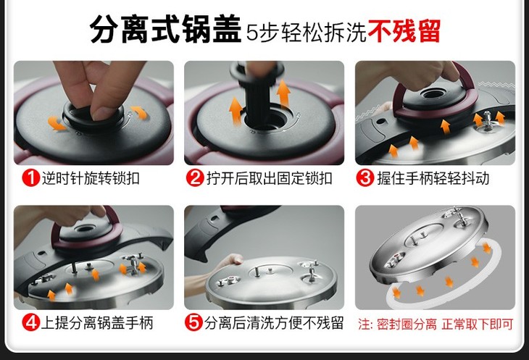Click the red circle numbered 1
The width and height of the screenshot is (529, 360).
tap(30, 178)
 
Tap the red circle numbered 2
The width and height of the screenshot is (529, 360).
tap(195, 178)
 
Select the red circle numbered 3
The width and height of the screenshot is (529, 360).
tap(365, 178)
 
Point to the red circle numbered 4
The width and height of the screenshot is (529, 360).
tap(30, 322)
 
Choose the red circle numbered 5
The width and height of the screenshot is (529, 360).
tap(193, 322)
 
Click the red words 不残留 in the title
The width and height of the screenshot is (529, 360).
tap(404, 31)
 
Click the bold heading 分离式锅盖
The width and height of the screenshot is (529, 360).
tap(165, 30)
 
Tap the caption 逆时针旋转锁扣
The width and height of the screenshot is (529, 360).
tap(91, 178)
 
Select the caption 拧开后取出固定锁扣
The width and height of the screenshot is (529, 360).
tap(270, 178)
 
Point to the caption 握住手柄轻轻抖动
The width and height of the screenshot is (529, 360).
tap(433, 178)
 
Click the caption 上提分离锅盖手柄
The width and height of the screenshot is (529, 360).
tap(97, 322)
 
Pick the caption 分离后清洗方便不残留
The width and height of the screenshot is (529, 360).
tap(274, 322)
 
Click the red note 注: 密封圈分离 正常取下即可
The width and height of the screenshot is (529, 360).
tap(436, 324)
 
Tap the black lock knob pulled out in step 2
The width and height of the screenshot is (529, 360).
tap(258, 91)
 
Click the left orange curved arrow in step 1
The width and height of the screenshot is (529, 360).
tap(57, 123)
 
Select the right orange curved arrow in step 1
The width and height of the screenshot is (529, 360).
tap(140, 112)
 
